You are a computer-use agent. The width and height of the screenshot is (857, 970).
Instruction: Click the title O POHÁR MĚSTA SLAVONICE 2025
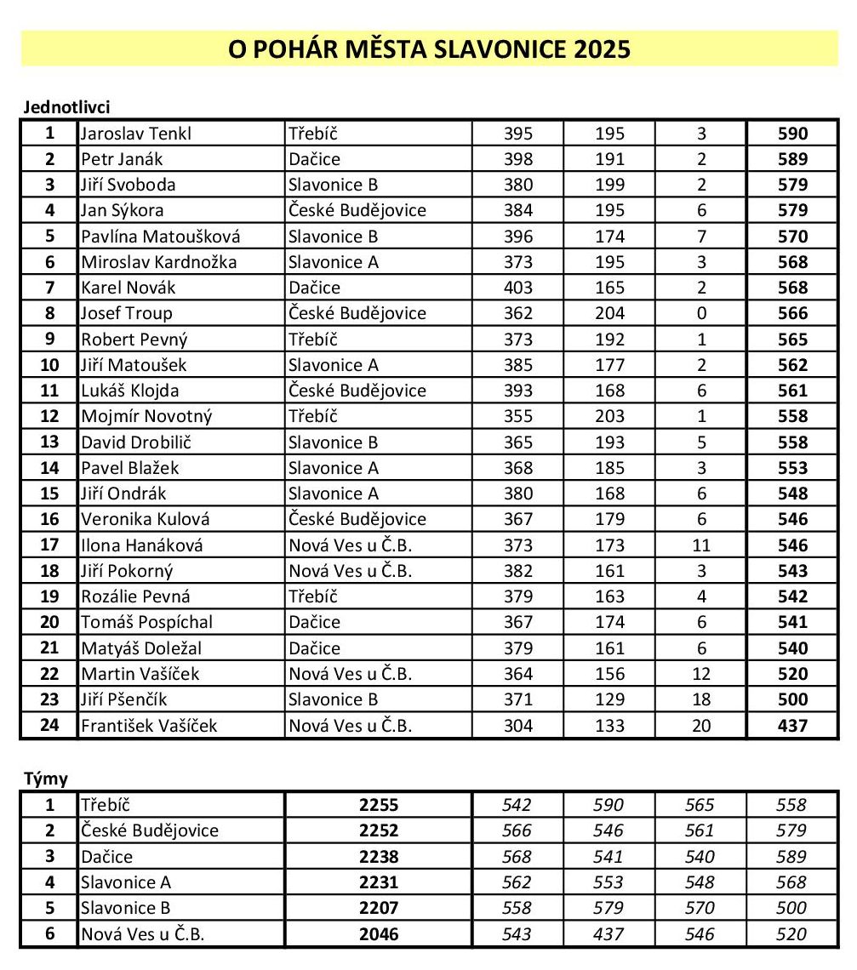pyautogui.click(x=429, y=48)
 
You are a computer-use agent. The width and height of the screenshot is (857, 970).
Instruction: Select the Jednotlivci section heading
pyautogui.click(x=66, y=107)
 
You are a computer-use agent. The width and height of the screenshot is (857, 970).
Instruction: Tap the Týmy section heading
pyautogui.click(x=43, y=779)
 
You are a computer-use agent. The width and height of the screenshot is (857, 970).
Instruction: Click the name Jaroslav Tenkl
pyautogui.click(x=136, y=134)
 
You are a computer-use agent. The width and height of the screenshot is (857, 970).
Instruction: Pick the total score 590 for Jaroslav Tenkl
pyautogui.click(x=792, y=134)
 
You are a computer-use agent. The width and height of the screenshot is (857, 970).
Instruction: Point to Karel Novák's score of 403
pyautogui.click(x=517, y=288)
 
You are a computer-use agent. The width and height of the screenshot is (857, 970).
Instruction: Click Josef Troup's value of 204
pyautogui.click(x=609, y=313)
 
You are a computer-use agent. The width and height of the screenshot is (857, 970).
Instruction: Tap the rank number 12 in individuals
pyautogui.click(x=49, y=416)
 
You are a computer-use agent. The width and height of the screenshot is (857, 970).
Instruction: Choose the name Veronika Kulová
pyautogui.click(x=145, y=519)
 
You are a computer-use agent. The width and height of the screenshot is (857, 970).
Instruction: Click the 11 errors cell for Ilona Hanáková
pyautogui.click(x=701, y=545)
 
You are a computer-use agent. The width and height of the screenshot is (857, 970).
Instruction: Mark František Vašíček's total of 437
pyautogui.click(x=792, y=726)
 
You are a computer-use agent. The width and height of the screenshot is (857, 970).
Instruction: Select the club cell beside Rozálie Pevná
pyautogui.click(x=313, y=596)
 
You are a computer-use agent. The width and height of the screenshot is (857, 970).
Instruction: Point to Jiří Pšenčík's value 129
pyautogui.click(x=609, y=699)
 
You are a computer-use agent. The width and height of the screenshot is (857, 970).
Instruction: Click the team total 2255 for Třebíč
pyautogui.click(x=379, y=805)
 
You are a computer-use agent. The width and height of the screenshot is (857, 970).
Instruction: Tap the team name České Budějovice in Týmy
pyautogui.click(x=150, y=830)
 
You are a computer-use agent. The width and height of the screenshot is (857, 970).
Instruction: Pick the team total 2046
pyautogui.click(x=379, y=934)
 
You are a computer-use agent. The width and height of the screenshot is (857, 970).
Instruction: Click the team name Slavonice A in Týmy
pyautogui.click(x=126, y=882)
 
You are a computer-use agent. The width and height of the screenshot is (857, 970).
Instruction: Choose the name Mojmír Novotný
pyautogui.click(x=146, y=416)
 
